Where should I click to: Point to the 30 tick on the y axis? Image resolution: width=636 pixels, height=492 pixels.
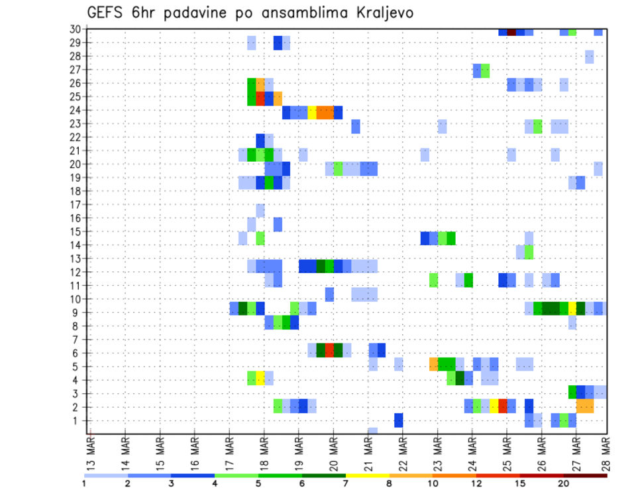point(75,29)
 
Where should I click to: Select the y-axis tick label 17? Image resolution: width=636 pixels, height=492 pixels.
point(75,204)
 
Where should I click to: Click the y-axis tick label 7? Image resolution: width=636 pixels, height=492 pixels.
point(77,339)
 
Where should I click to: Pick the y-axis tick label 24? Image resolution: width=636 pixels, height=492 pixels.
point(75,110)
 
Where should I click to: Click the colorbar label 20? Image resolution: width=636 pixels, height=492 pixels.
point(563,483)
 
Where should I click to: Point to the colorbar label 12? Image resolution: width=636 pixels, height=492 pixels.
point(476,483)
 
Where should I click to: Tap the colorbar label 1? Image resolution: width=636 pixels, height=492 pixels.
point(84,483)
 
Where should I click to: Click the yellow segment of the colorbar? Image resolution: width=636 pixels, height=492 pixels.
point(367,475)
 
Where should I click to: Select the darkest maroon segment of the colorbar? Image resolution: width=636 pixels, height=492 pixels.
point(585,475)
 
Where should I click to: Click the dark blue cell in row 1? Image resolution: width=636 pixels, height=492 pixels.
point(399,420)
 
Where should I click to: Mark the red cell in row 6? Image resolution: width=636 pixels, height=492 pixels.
point(329,350)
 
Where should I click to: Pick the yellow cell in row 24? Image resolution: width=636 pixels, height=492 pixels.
point(312,112)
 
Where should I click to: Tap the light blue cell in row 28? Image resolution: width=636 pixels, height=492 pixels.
point(589,57)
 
